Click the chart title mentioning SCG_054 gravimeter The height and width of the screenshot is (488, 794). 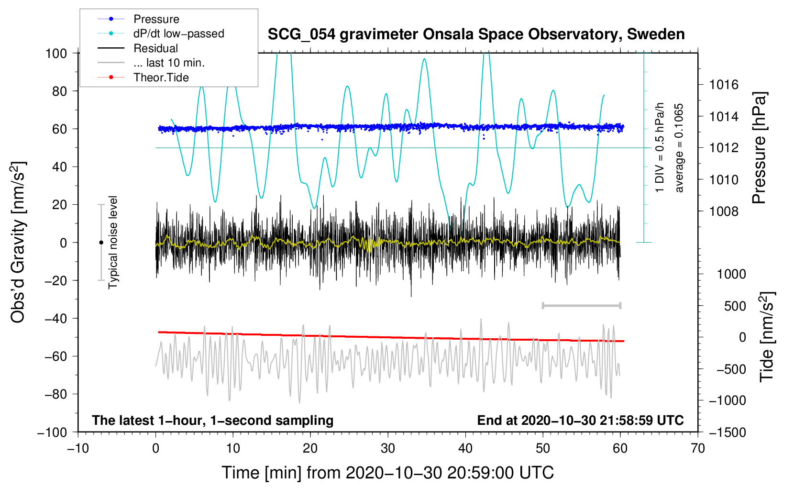tap(476, 34)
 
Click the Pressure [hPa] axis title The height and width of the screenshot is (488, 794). tap(759, 148)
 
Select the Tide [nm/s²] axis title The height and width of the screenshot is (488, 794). tap(767, 337)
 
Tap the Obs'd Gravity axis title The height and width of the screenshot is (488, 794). tap(18, 243)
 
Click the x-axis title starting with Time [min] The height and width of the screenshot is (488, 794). tap(388, 473)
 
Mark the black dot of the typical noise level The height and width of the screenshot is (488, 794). tap(101, 243)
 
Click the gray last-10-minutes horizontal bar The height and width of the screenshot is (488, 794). tap(581, 305)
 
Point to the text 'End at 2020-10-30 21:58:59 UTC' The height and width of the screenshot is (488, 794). tap(580, 420)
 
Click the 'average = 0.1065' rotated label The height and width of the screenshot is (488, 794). tap(679, 148)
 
